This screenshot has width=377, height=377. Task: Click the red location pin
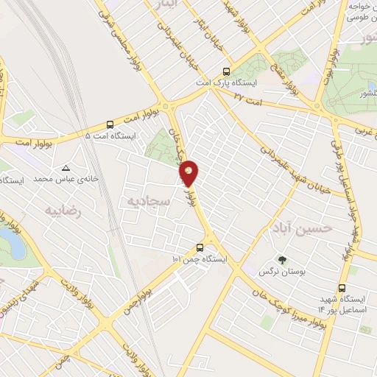click(x=189, y=172)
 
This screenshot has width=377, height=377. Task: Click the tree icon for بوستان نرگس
click(x=282, y=260)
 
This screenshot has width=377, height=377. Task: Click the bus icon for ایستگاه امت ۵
click(x=110, y=124)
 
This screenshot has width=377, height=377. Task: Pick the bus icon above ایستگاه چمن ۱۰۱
click(x=200, y=247)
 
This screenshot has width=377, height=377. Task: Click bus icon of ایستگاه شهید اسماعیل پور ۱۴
click(x=342, y=288)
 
